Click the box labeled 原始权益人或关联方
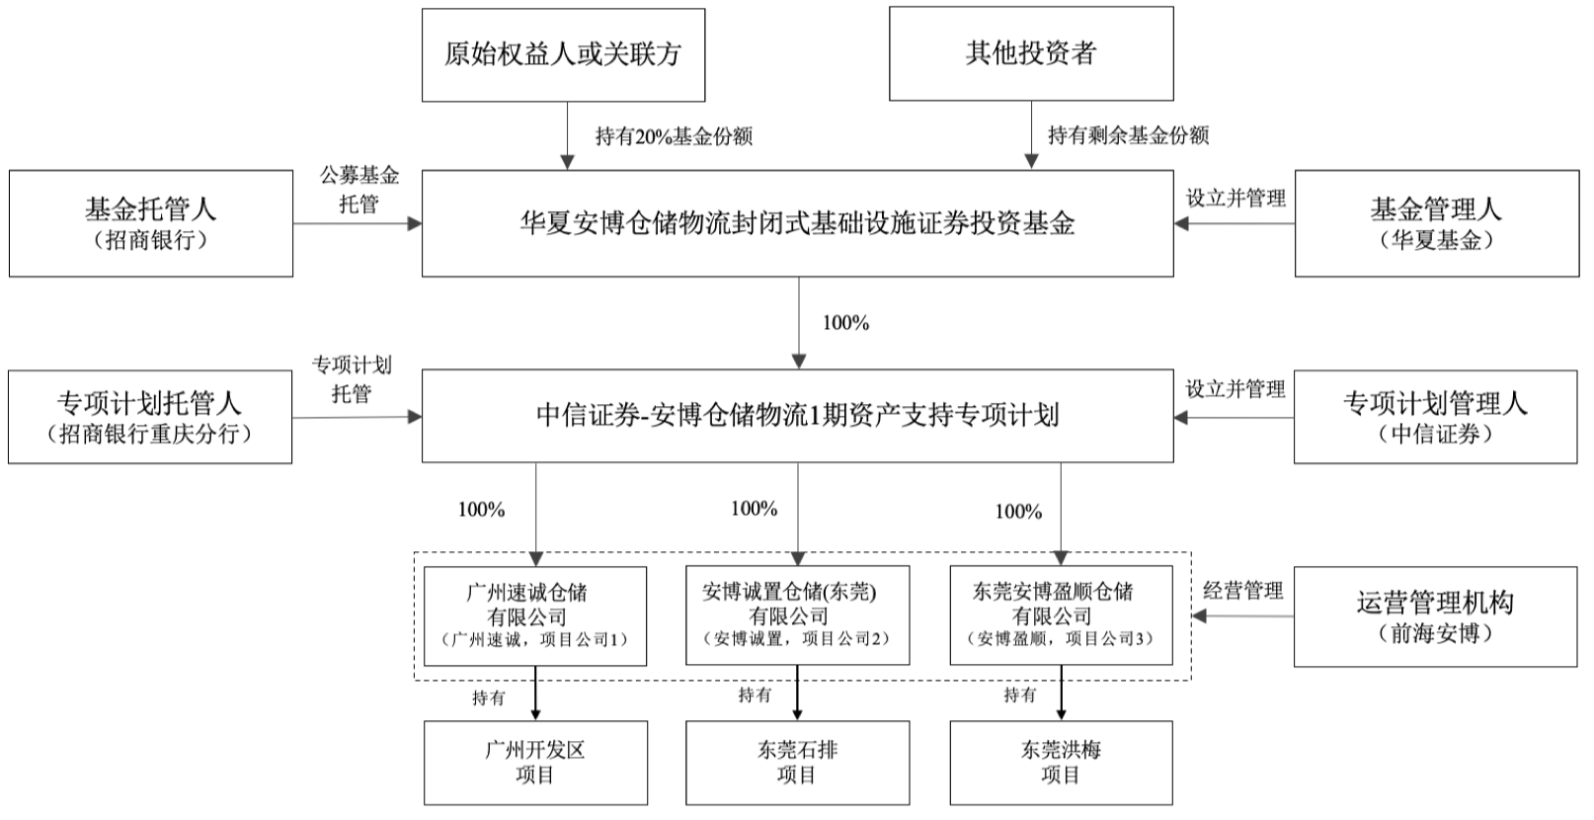click(563, 54)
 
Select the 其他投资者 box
click(1031, 53)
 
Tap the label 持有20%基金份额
click(674, 136)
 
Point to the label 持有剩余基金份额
click(1128, 135)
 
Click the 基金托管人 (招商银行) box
click(150, 223)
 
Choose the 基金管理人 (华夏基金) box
click(1436, 223)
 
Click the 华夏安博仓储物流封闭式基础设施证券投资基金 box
click(797, 223)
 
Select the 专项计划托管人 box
click(150, 417)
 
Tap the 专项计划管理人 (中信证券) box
click(1435, 417)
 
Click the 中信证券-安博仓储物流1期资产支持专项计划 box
click(797, 416)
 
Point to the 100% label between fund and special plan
click(845, 323)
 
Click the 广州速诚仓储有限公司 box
click(535, 615)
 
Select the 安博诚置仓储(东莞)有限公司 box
click(797, 615)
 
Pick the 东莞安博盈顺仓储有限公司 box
click(1061, 615)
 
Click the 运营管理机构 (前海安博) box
click(1435, 616)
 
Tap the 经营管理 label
click(1242, 591)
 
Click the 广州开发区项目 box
click(535, 762)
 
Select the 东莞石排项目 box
click(797, 762)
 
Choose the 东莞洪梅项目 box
click(1061, 762)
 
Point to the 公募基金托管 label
click(359, 190)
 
